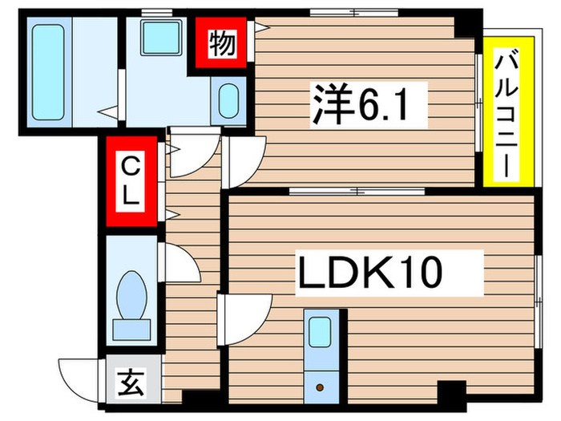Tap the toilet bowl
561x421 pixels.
[131, 293]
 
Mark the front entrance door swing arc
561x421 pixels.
[79, 378]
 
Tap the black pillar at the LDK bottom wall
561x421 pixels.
[450, 392]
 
